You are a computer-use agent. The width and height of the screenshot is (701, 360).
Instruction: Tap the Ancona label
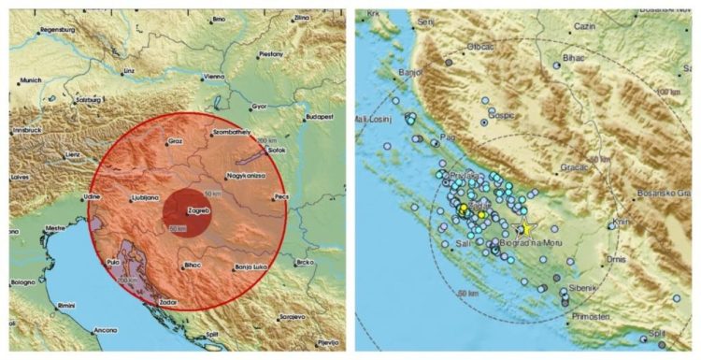click(x=105, y=329)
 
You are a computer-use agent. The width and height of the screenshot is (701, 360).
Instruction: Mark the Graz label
click(x=174, y=142)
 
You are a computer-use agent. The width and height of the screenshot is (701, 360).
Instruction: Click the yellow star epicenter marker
click(x=526, y=228)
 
